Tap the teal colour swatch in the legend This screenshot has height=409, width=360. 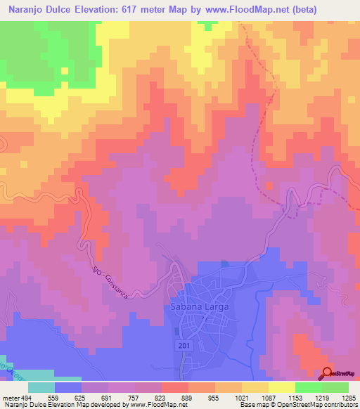41,387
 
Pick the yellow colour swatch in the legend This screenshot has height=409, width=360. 282,387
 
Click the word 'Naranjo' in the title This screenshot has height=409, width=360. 24,11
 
